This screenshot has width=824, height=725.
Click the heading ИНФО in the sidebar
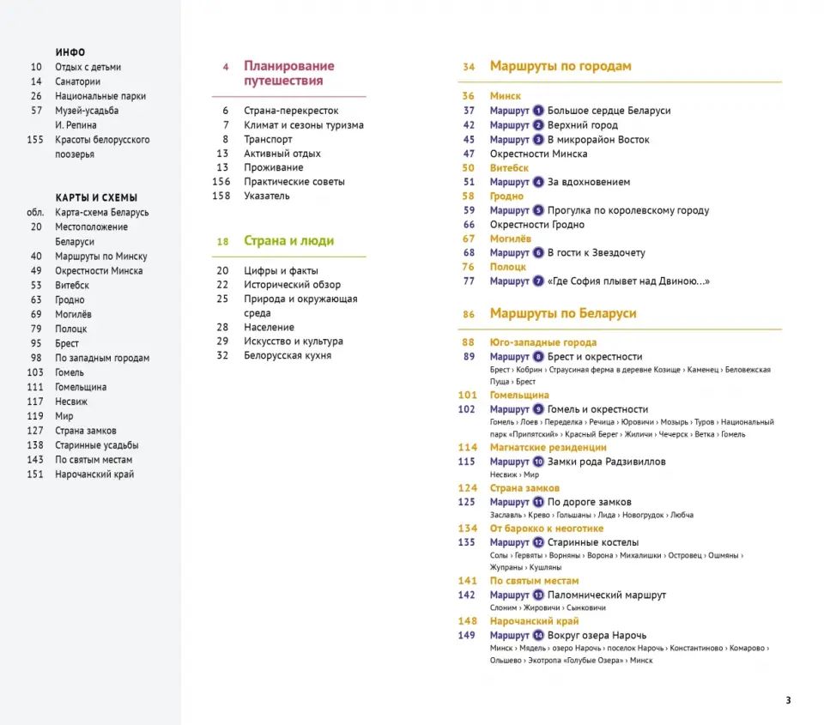pos(70,52)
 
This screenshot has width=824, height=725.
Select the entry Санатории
pos(78,82)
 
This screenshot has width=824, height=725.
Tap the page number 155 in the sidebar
pos(34,140)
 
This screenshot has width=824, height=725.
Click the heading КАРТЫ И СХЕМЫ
pos(96,197)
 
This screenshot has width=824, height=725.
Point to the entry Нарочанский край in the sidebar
pos(94,474)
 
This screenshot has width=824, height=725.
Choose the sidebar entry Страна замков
pos(86,431)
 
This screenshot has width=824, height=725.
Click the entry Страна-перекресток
pos(291,111)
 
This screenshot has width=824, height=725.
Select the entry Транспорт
pos(268,139)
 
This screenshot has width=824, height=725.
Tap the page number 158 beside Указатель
pos(221,196)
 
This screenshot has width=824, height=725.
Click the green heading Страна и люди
pos(288,241)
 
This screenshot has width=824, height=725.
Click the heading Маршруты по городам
pos(560,66)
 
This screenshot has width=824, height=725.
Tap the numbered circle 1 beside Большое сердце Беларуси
pos(538,111)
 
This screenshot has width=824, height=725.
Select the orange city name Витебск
pos(509,168)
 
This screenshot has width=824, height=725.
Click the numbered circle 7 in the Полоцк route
pos(538,281)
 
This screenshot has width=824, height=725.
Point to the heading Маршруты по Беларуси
pos(563,313)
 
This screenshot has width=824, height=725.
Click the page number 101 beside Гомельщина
pos(467,396)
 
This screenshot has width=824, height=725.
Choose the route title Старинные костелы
pos(593,542)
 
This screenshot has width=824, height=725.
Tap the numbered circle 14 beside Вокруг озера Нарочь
pos(538,635)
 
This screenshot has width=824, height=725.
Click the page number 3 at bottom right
pos(788,700)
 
